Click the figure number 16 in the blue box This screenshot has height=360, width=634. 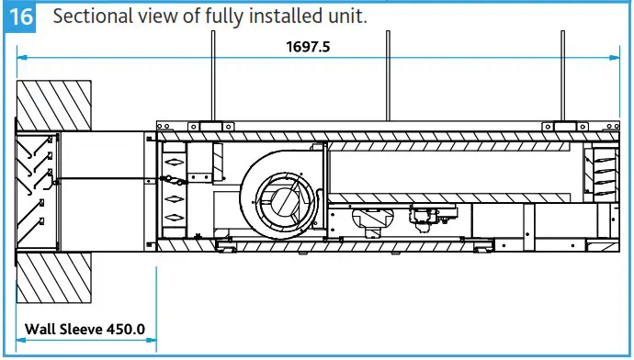(19, 17)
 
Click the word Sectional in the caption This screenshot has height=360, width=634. (89, 17)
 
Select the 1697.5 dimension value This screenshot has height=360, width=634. (307, 45)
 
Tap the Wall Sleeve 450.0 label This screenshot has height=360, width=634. (85, 328)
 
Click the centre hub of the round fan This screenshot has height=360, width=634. (282, 197)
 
